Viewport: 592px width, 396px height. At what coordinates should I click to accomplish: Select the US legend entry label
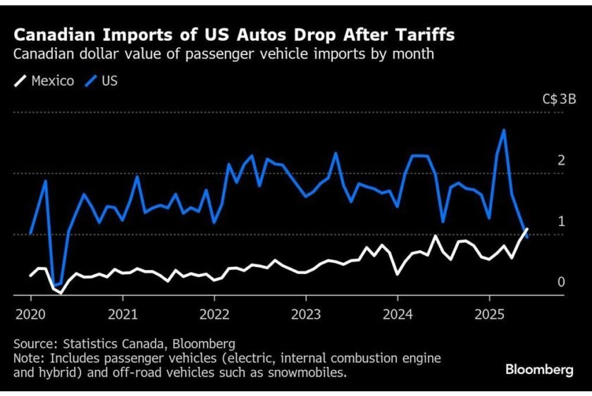[x=109, y=81]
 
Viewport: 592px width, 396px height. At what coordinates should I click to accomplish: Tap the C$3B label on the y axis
[x=560, y=100]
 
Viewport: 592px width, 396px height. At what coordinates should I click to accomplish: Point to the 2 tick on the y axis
[x=561, y=160]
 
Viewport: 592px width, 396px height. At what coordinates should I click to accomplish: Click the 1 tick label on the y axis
[x=561, y=221]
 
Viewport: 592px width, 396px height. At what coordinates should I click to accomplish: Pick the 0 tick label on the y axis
[x=561, y=282]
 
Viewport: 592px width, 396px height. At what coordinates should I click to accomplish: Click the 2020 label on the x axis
[x=30, y=313]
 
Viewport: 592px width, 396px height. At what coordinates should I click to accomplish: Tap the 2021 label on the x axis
[x=123, y=313]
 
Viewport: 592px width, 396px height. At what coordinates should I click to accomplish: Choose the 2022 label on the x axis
[x=214, y=313]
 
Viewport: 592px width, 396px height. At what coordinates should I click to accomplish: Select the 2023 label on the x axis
[x=306, y=313]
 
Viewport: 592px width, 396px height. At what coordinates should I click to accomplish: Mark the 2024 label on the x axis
[x=397, y=313]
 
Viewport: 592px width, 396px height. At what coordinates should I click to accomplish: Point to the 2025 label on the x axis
[x=489, y=313]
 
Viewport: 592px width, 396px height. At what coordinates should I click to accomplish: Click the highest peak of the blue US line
[x=504, y=130]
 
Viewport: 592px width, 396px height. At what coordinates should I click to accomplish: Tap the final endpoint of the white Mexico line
[x=526, y=228]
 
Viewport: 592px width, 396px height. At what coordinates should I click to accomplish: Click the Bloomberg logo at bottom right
[x=539, y=370]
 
